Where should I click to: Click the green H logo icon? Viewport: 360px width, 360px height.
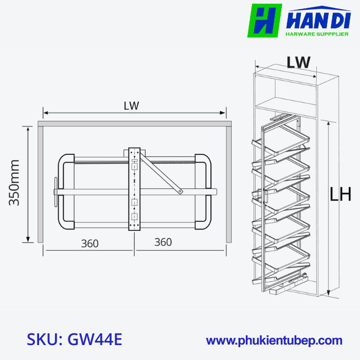pyautogui.click(x=264, y=21)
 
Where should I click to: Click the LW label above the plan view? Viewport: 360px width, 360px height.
pyautogui.click(x=132, y=105)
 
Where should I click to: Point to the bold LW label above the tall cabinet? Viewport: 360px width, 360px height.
pyautogui.click(x=298, y=62)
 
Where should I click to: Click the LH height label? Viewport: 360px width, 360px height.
pyautogui.click(x=340, y=195)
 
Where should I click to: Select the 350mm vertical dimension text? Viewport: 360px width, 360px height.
pyautogui.click(x=14, y=183)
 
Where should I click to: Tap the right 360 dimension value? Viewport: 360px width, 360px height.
pyautogui.click(x=163, y=242)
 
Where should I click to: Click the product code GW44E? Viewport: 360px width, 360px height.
pyautogui.click(x=96, y=340)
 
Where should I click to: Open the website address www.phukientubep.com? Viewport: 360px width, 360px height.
pyautogui.click(x=274, y=340)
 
